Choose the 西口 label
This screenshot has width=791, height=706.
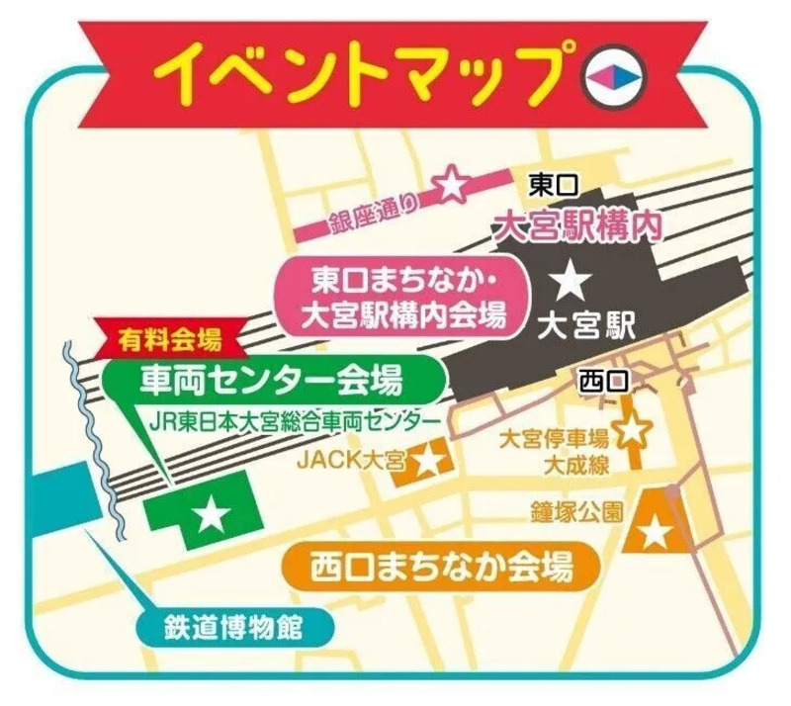coord(603,378)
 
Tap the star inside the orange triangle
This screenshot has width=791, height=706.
coord(656,535)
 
